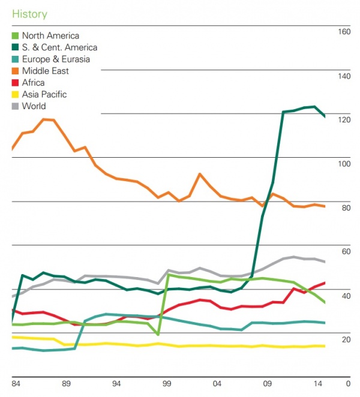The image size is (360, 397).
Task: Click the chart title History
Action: (29, 14)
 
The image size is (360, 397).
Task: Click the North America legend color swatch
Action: (16, 36)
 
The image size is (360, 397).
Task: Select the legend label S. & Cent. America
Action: (59, 47)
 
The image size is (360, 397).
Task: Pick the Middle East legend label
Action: (45, 71)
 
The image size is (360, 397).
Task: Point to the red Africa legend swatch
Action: (16, 83)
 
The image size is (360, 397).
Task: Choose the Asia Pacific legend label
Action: (44, 94)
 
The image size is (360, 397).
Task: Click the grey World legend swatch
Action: (16, 106)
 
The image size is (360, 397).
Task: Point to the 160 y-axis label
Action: (344, 32)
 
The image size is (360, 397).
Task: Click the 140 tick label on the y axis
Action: (344, 76)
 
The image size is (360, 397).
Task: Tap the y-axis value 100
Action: (344, 164)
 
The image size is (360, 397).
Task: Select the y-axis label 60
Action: (346, 251)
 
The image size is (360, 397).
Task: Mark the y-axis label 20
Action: (346, 339)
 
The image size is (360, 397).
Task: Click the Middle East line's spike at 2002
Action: (200, 174)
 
